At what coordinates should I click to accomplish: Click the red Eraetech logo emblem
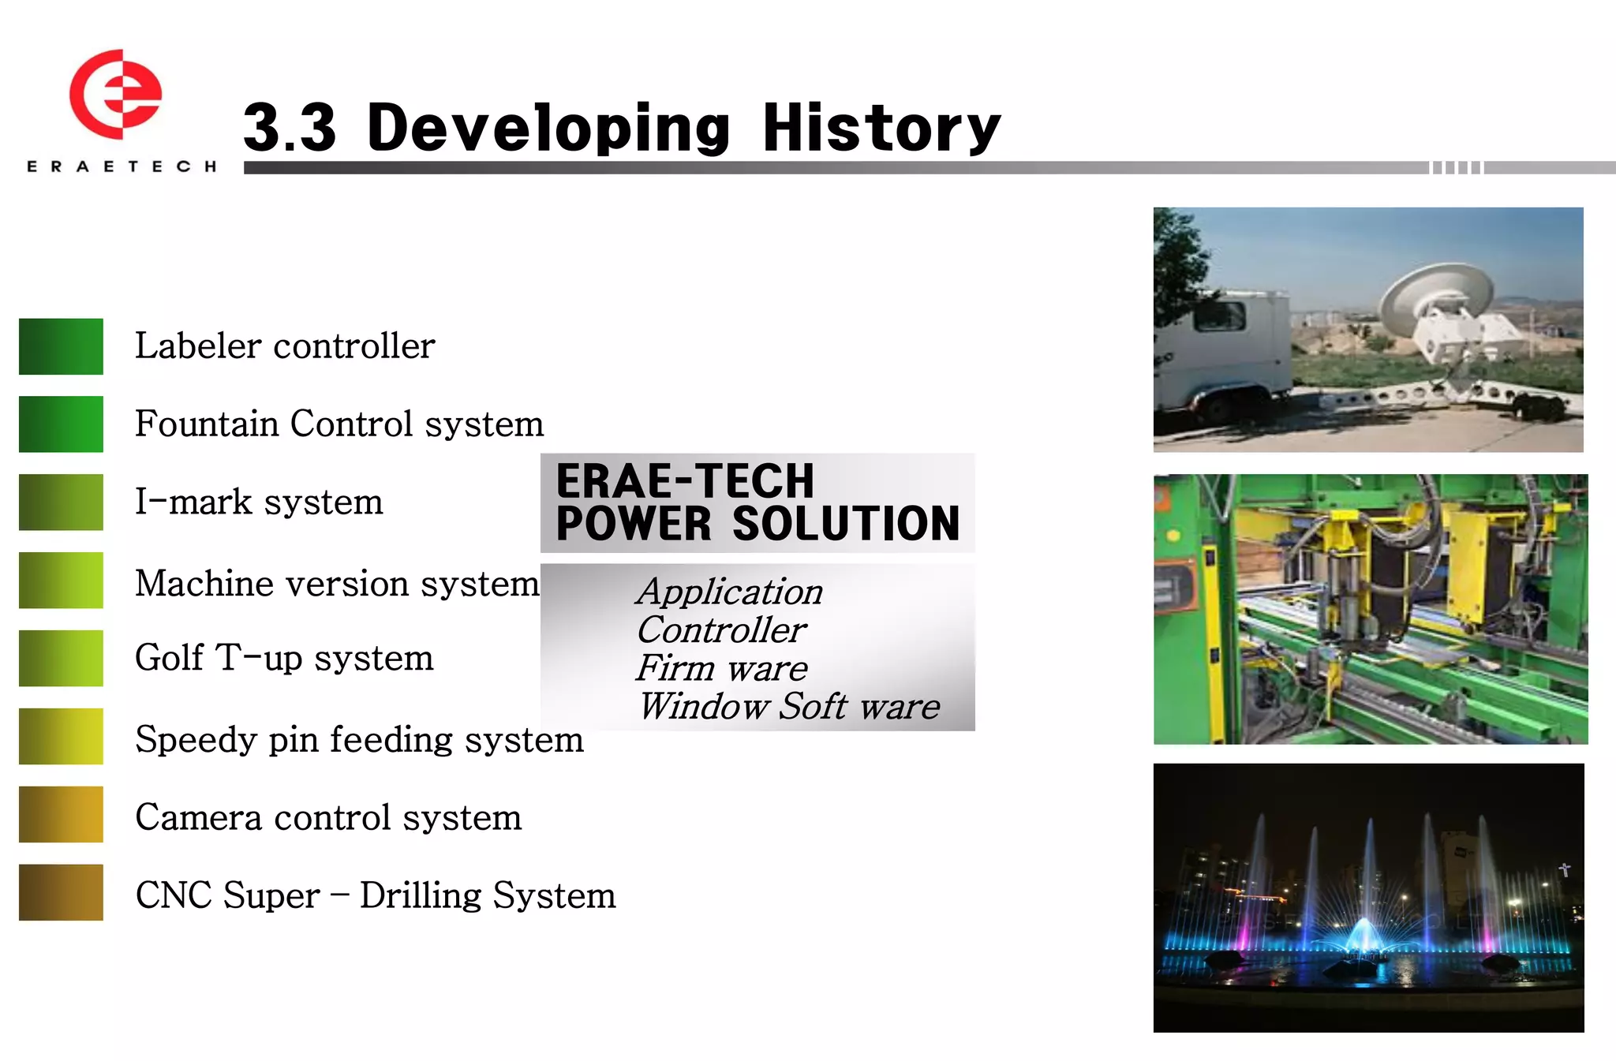tap(115, 95)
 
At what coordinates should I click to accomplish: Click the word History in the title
tap(881, 128)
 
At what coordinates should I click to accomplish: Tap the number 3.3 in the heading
tap(290, 128)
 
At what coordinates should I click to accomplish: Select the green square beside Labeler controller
tap(61, 346)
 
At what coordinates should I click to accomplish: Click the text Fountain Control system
tap(339, 424)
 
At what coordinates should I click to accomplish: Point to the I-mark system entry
tap(259, 502)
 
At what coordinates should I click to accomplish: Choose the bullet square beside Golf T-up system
tap(61, 658)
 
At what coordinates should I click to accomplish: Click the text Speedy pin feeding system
tap(359, 739)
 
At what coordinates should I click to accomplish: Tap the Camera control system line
tap(328, 817)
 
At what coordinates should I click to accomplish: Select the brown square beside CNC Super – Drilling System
tap(61, 892)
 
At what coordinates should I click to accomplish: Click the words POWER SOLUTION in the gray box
tap(757, 524)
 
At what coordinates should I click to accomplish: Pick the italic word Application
tap(730, 592)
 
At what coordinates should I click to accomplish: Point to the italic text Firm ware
tap(722, 668)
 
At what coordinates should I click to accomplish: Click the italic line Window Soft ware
tap(789, 706)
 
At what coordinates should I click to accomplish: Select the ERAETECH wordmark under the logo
tap(122, 166)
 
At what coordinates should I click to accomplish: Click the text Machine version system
tap(337, 584)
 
